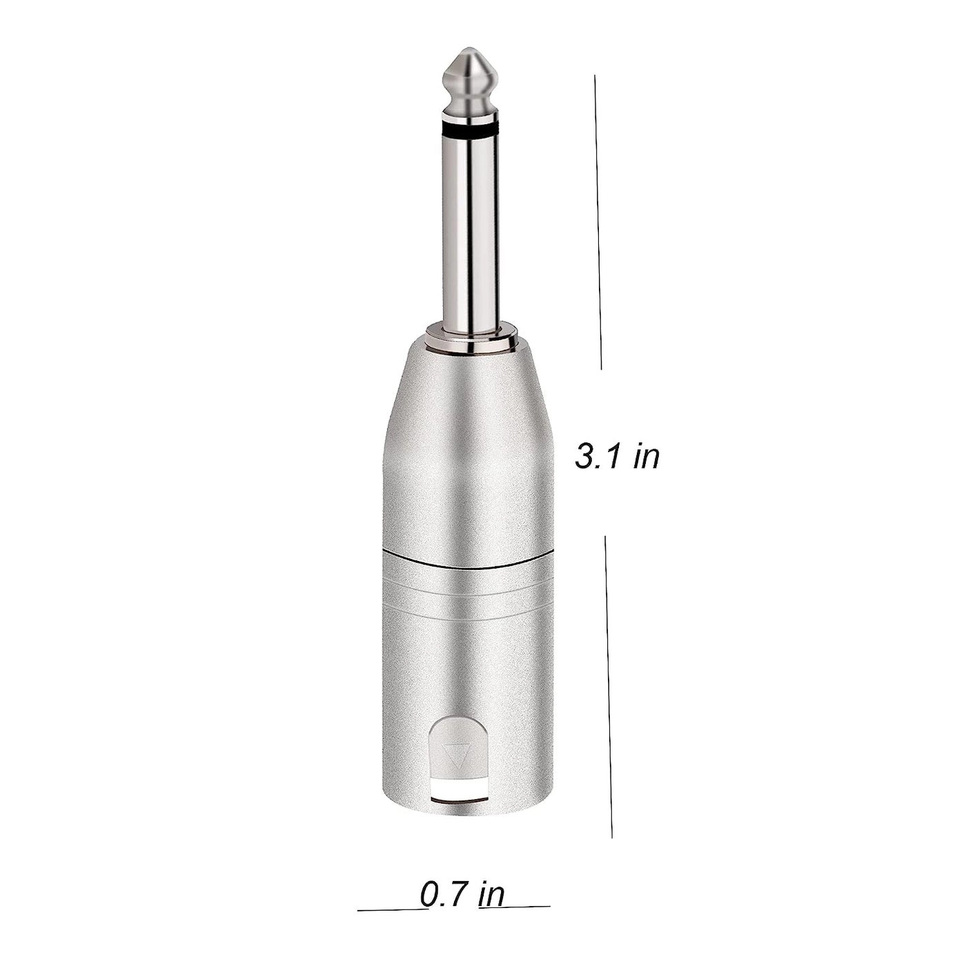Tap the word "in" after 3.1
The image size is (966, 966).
[647, 457]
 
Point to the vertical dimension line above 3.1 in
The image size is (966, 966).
[598, 221]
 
